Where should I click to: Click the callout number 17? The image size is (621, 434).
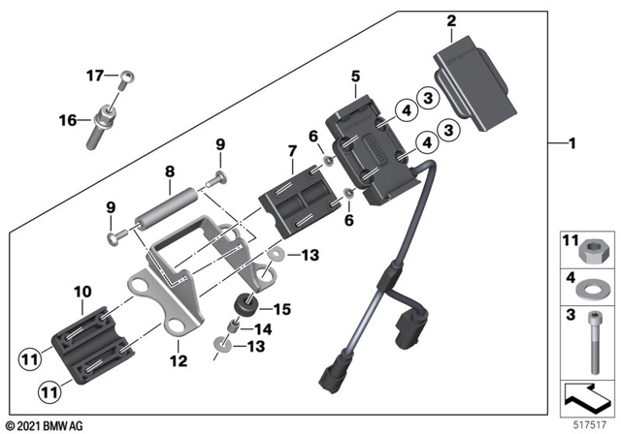pos(95,76)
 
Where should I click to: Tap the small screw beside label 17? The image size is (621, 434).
pos(125,80)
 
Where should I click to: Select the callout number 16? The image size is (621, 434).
pos(68,120)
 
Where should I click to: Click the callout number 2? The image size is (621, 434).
pos(451,21)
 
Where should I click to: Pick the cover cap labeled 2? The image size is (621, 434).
pos(475,83)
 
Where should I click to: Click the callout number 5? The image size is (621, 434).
pos(355,77)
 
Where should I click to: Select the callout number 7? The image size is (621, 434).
pos(292,150)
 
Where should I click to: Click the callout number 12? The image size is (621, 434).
pos(179,360)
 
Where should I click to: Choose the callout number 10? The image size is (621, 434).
pos(82,292)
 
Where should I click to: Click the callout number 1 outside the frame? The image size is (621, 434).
pos(572,143)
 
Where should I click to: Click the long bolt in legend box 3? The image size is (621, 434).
pos(594,342)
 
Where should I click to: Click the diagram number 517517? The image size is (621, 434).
pos(590,425)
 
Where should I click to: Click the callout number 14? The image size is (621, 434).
pos(263,328)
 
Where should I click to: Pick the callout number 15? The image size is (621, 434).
pos(282,309)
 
